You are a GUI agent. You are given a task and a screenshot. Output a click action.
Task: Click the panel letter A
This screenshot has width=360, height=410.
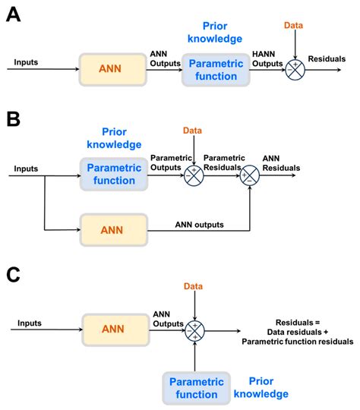pos(14,15)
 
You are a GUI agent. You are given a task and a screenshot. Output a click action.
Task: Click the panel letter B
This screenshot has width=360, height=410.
pos(14,120)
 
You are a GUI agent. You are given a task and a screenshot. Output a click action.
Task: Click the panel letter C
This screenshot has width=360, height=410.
pos(14,273)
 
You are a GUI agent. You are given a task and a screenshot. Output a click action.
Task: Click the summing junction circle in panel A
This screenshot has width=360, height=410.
pos(295,70)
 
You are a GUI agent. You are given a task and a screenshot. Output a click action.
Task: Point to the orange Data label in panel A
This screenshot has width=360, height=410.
pos(294,25)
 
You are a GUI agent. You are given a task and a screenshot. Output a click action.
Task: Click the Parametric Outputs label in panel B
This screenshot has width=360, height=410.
pos(172,163)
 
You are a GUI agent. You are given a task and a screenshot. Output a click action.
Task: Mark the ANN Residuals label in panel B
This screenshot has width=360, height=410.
pos(280,163)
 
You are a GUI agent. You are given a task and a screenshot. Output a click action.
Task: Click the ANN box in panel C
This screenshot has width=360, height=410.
pos(112,330)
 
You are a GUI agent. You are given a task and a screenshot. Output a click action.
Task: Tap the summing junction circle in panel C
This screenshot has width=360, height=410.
pos(195,330)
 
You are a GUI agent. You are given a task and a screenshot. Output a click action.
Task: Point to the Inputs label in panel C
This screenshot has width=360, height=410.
pos(29,323)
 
